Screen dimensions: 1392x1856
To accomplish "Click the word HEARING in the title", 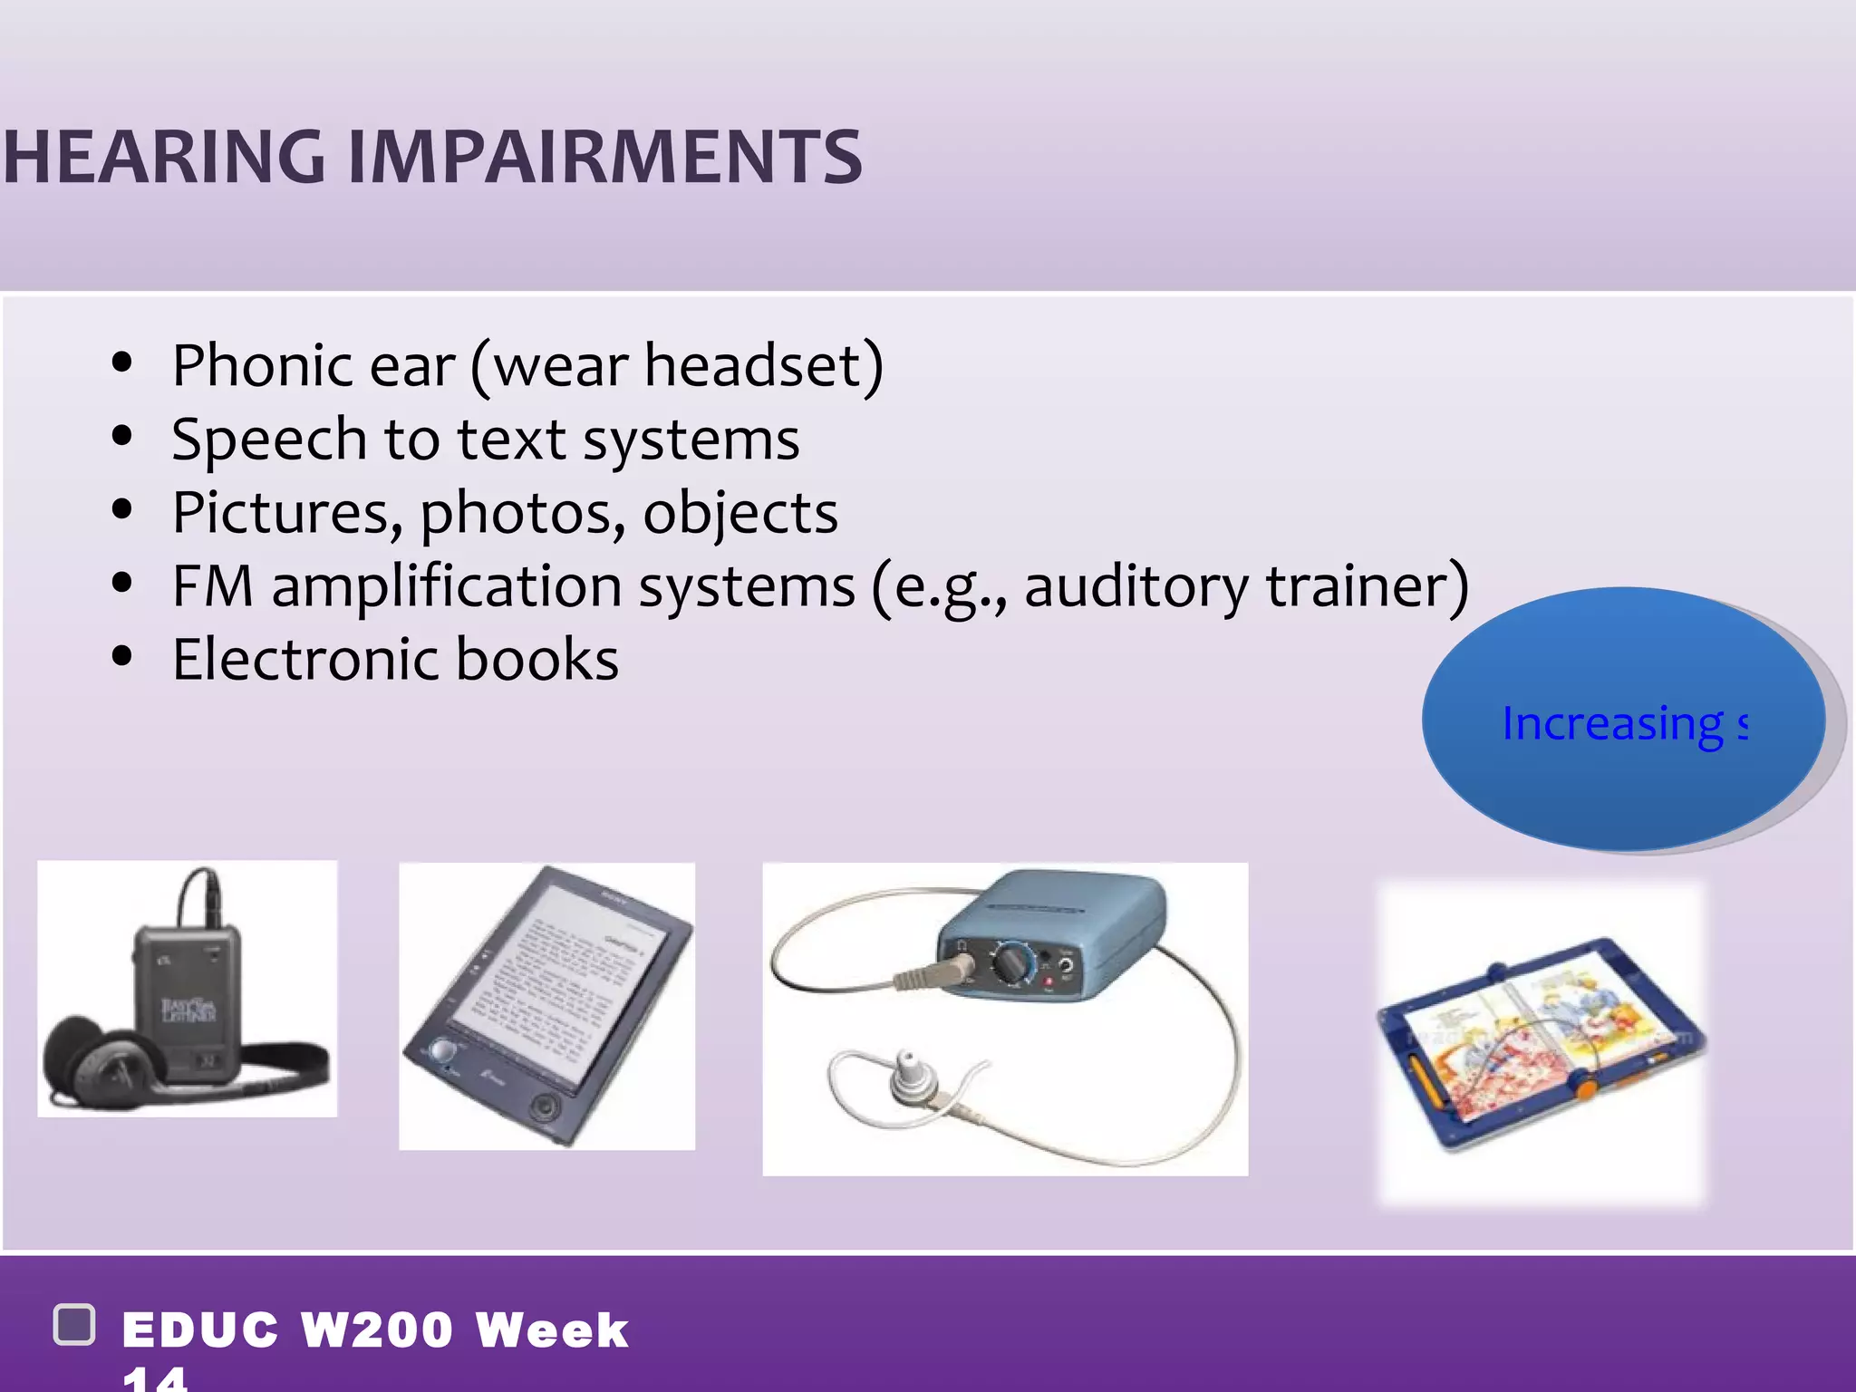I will [163, 157].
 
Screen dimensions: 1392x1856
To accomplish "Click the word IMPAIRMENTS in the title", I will [604, 157].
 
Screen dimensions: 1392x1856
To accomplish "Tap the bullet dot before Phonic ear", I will [122, 363].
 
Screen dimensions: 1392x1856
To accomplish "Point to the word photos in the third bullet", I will [522, 514].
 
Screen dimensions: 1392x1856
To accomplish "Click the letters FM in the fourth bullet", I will [212, 586].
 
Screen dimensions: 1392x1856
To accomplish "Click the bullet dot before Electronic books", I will [122, 657].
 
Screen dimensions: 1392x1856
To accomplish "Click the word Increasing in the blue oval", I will [1612, 723].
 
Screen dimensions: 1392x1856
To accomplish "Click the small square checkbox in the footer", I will [74, 1325].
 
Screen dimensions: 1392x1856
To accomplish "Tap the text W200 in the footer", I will [377, 1330].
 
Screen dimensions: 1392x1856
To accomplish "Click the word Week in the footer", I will [552, 1330].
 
